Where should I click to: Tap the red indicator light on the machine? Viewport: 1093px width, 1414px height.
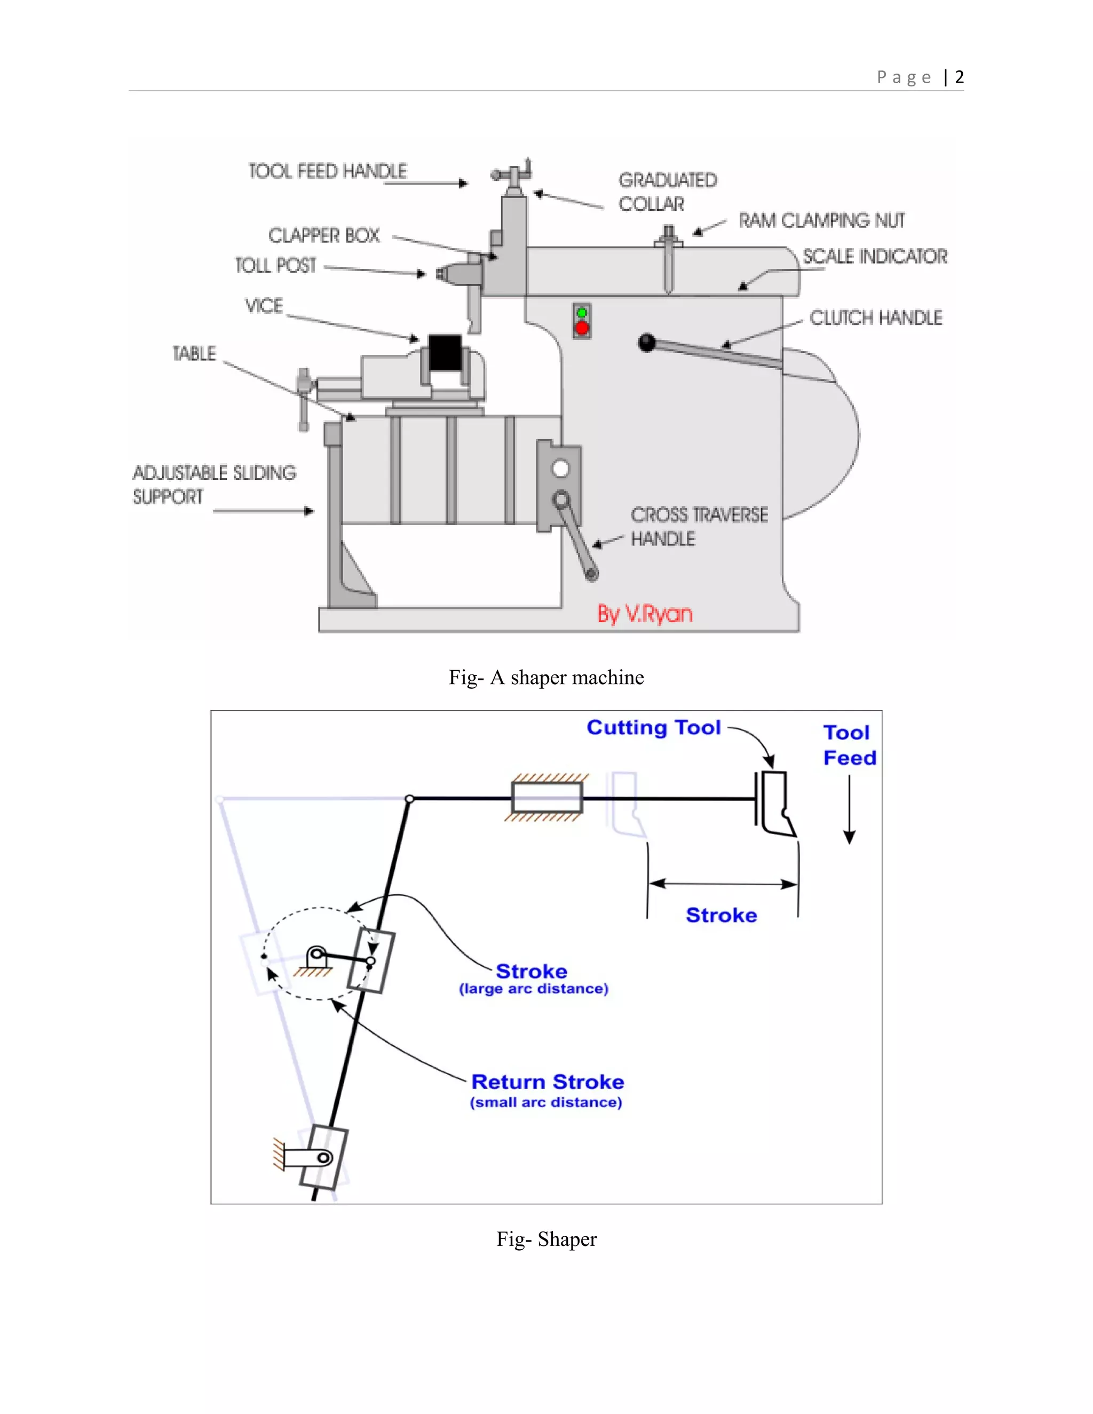pos(582,328)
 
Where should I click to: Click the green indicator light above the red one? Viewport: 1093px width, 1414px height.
pos(582,313)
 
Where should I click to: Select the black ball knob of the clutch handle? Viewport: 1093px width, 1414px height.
pos(647,343)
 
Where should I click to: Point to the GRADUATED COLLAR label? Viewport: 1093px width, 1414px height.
pos(667,192)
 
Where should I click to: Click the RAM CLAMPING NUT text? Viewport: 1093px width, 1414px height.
pos(821,221)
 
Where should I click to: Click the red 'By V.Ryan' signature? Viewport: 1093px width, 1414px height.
pos(644,613)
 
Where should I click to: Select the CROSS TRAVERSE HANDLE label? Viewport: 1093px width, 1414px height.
pos(699,526)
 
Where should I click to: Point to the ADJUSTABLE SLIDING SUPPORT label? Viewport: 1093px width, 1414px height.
pos(213,484)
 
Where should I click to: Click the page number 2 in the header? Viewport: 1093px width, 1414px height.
pos(959,77)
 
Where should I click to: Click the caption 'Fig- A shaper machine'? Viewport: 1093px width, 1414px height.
pos(546,677)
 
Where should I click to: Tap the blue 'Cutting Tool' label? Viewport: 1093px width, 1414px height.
pos(653,727)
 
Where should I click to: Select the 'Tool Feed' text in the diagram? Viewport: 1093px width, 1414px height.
pos(849,745)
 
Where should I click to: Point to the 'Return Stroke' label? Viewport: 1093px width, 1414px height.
pos(547,1082)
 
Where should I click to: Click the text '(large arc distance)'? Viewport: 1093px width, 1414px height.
pos(534,989)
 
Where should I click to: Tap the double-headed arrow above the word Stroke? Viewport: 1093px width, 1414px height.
pos(723,884)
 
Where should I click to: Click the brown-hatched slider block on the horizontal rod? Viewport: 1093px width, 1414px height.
pos(546,798)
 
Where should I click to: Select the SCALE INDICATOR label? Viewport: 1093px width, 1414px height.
pos(875,256)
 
